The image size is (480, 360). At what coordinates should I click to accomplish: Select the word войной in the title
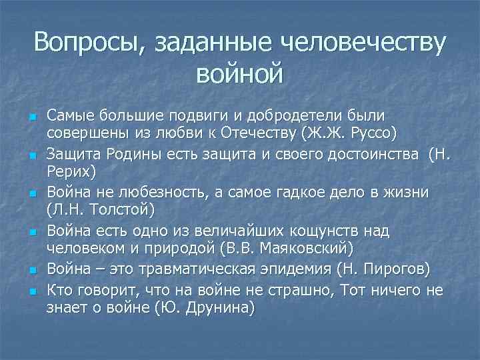coord(239,73)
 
